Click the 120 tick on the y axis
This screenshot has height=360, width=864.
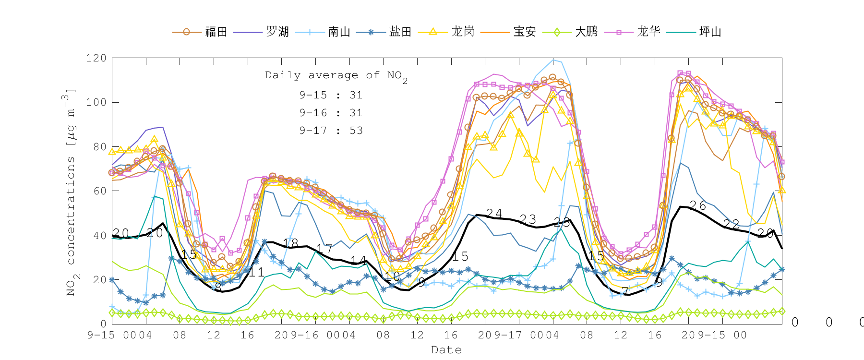click(96, 58)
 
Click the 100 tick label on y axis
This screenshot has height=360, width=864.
click(96, 102)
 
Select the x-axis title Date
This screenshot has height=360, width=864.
click(446, 350)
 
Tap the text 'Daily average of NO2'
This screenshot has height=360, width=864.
click(336, 76)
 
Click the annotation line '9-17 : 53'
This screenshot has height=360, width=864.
click(331, 131)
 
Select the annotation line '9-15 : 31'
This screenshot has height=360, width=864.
click(331, 95)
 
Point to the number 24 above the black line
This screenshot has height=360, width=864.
click(494, 213)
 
